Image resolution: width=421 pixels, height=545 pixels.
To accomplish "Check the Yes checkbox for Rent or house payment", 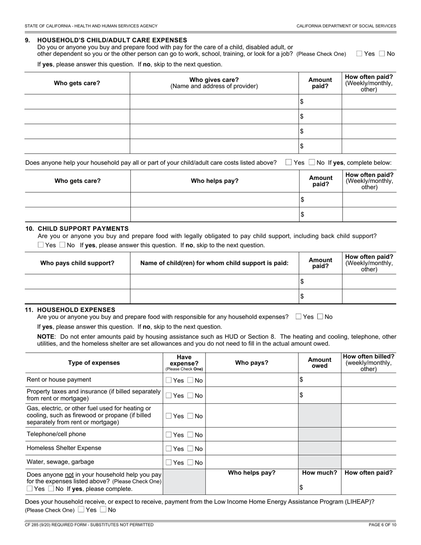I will tap(169, 380).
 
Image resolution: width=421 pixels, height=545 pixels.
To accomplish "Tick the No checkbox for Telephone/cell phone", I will tap(191, 435).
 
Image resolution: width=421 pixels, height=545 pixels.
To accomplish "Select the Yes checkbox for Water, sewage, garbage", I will tap(169, 463).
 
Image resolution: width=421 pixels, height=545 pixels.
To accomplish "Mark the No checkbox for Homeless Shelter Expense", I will tap(191, 449).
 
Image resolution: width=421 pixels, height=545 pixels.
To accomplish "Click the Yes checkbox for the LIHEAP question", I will tap(81, 510).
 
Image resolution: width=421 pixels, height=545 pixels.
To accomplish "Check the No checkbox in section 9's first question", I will tap(382, 54).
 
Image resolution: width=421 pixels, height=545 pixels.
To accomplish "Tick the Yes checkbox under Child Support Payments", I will tap(41, 245).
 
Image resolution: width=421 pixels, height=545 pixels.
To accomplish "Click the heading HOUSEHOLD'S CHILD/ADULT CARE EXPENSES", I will tap(112, 40).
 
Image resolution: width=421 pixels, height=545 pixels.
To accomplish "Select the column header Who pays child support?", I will tap(77, 263).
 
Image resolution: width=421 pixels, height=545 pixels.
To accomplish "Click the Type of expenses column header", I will tap(94, 362).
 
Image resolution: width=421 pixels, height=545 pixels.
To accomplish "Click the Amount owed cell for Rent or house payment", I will tap(320, 380).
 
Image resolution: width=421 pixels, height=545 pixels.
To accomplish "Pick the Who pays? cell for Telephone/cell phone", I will tap(251, 435).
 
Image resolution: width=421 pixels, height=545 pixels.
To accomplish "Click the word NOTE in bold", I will tap(47, 337).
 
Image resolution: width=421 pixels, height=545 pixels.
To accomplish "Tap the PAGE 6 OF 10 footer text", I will tap(382, 525).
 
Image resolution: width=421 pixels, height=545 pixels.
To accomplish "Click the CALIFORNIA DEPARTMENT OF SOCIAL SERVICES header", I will tap(346, 26).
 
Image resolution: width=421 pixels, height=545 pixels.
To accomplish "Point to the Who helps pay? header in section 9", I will tap(214, 181).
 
